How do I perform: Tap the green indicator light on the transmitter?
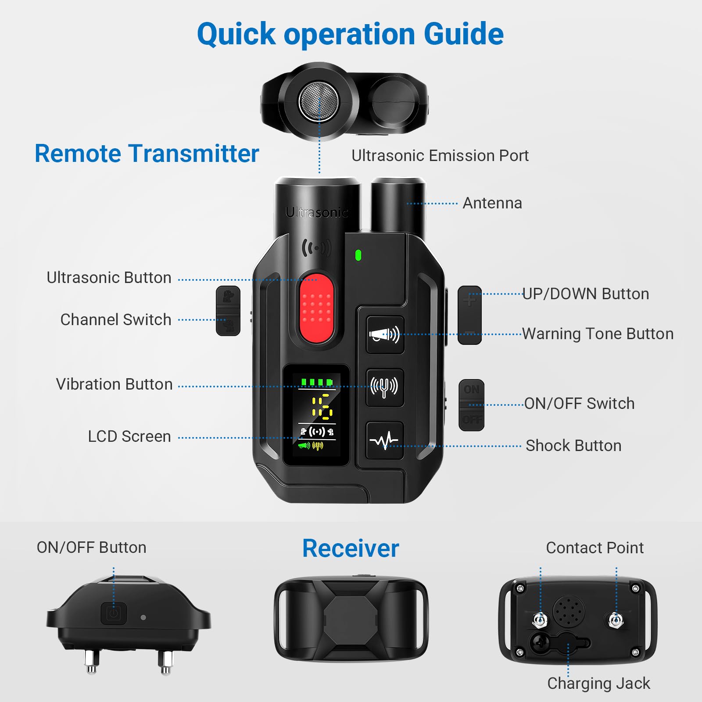[x=358, y=255]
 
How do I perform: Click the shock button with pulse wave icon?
[x=384, y=440]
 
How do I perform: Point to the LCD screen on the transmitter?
[x=316, y=415]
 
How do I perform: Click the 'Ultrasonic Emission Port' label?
[x=440, y=156]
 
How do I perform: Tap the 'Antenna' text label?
[x=492, y=203]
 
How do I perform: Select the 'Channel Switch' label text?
[x=115, y=320]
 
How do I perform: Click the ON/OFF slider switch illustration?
[x=471, y=405]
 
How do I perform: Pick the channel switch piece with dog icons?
[x=228, y=311]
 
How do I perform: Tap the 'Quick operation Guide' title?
[x=350, y=34]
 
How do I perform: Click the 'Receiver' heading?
[x=351, y=548]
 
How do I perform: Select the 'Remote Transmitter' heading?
[x=147, y=154]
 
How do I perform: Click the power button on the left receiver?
[x=114, y=613]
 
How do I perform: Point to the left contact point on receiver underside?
[x=540, y=620]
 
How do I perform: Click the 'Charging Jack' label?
[x=598, y=683]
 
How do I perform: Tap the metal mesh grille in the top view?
[x=319, y=101]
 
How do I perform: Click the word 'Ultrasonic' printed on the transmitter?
[x=317, y=213]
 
